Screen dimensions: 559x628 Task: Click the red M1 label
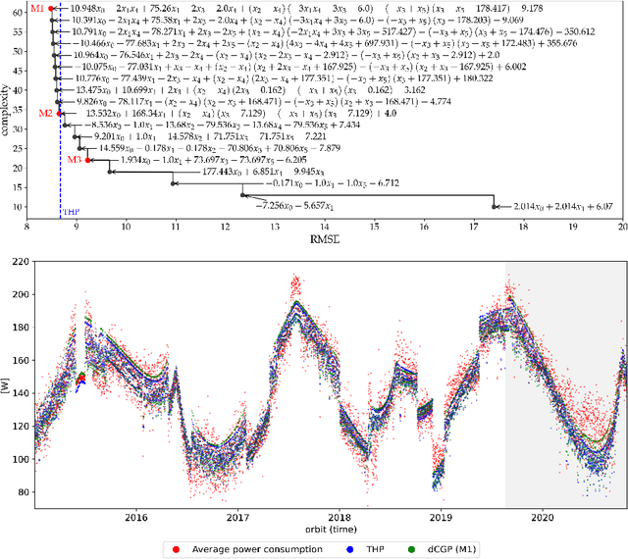[x=36, y=8]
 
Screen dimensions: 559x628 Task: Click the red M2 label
[x=45, y=114]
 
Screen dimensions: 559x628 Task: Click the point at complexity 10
[x=495, y=207]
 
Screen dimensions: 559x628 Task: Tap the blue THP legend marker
[x=340, y=548]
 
